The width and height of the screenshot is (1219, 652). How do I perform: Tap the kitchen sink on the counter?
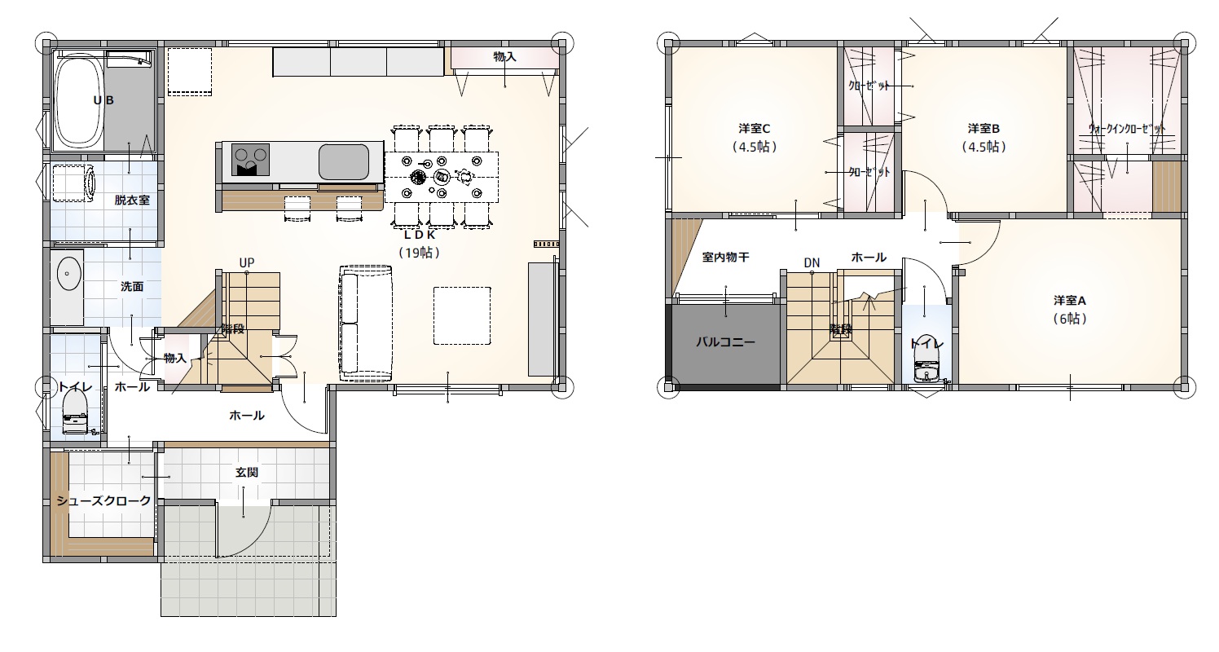pos(343,161)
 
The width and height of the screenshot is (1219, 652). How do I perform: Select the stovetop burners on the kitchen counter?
pos(250,160)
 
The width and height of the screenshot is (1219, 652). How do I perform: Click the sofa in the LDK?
pos(366,324)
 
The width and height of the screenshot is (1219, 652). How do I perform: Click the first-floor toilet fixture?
pos(76,413)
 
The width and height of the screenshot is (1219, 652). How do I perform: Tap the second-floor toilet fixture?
pos(926,364)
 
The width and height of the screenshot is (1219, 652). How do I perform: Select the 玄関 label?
pos(247,473)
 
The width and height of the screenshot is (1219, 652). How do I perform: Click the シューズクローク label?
pos(104,500)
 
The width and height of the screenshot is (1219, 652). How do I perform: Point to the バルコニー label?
pos(725,342)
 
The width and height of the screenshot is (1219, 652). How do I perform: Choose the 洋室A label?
pos(1069,301)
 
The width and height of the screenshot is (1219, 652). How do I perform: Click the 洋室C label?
pos(755,129)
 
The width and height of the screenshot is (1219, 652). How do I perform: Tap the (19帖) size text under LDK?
pos(419,253)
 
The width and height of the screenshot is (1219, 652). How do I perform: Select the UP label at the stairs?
pos(247,263)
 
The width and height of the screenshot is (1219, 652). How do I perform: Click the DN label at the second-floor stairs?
pos(812,263)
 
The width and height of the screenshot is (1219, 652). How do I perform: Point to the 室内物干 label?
pos(725,257)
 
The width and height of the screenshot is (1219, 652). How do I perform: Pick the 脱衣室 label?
pos(132,200)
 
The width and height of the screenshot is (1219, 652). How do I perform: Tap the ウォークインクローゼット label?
pos(1127,129)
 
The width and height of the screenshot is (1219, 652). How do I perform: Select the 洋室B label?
pos(984,129)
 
